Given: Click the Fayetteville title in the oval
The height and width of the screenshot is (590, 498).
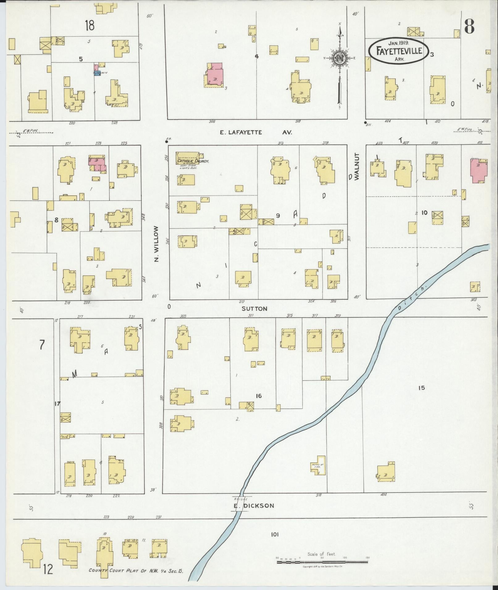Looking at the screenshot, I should tap(399, 51).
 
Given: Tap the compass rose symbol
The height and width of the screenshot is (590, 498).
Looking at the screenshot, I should tap(339, 57).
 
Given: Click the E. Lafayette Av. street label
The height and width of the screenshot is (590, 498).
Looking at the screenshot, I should tap(256, 132).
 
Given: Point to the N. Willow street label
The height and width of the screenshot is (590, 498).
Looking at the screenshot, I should tap(157, 244).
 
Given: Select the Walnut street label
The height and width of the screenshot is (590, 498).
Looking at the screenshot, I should tap(357, 167).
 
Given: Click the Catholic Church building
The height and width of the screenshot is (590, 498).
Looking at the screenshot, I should tap(188, 158).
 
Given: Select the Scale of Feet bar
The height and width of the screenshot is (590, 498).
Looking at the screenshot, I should tap(322, 562).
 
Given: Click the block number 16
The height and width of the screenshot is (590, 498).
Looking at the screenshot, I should tap(259, 396).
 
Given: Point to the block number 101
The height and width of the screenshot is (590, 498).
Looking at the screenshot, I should tap(275, 535).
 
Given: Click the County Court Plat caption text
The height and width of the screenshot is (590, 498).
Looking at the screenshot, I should tap(136, 571).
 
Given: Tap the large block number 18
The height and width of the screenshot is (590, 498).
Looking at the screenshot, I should tap(90, 25).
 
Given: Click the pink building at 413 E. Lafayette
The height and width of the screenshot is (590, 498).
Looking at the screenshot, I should tap(479, 171).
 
